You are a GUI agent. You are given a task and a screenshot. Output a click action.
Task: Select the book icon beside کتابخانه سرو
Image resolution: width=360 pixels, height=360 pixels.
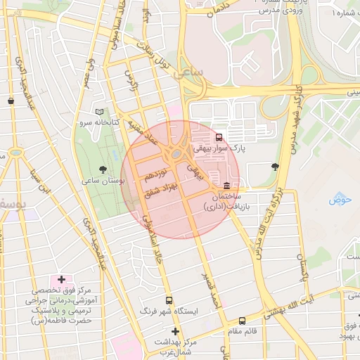(x=99, y=112)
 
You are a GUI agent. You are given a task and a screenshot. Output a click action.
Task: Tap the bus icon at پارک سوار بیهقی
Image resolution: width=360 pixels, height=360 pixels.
(x=220, y=137)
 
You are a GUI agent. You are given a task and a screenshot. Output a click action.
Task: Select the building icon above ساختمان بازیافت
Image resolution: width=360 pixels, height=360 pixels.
(x=226, y=186)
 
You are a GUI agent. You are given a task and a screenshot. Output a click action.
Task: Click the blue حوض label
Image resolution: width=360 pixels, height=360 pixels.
(x=339, y=200)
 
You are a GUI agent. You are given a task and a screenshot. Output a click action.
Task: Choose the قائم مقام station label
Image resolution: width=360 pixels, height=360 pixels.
(x=243, y=330)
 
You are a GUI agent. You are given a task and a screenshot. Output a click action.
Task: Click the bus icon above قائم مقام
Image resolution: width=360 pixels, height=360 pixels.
(x=242, y=321)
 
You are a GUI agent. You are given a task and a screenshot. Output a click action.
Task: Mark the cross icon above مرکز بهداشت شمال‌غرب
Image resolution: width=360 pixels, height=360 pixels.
(x=175, y=331)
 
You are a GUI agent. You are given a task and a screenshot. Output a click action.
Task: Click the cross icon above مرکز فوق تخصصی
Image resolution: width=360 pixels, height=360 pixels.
(x=62, y=280)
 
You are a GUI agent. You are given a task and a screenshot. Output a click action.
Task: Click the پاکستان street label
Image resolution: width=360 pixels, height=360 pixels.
(x=302, y=267)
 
